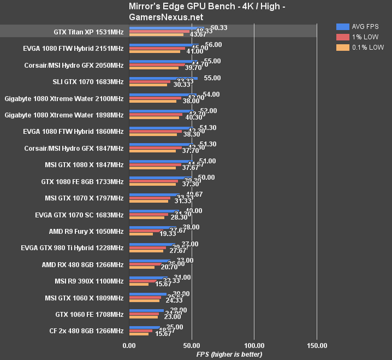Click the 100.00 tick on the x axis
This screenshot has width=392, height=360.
(x=254, y=345)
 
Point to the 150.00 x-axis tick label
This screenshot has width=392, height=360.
(x=317, y=345)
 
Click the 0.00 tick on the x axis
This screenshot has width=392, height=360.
(x=129, y=345)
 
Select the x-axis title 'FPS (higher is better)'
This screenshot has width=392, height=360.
(x=229, y=354)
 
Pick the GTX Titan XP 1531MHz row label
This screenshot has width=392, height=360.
(x=88, y=32)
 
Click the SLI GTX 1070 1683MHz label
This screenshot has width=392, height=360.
(x=88, y=82)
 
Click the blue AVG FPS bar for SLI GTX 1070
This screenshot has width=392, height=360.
(x=164, y=78)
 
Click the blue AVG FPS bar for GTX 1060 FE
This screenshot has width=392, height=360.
(x=146, y=310)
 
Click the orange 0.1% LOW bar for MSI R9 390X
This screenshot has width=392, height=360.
(x=139, y=285)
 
